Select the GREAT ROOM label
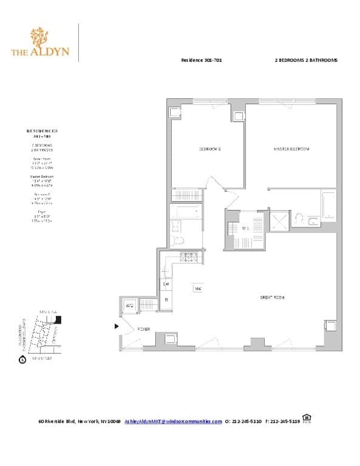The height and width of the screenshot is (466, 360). click(272, 297)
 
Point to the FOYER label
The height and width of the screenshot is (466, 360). click(143, 328)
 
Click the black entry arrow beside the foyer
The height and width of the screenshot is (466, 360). click(117, 326)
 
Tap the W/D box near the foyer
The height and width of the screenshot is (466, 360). click(129, 306)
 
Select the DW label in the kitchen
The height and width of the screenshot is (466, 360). click(166, 283)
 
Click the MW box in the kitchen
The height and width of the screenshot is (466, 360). click(198, 289)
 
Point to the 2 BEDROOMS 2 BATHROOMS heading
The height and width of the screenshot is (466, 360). click(305, 61)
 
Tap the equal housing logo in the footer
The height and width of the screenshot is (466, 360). click(307, 418)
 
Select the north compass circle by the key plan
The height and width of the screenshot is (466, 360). click(22, 359)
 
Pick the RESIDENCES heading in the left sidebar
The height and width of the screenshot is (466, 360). click(42, 130)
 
